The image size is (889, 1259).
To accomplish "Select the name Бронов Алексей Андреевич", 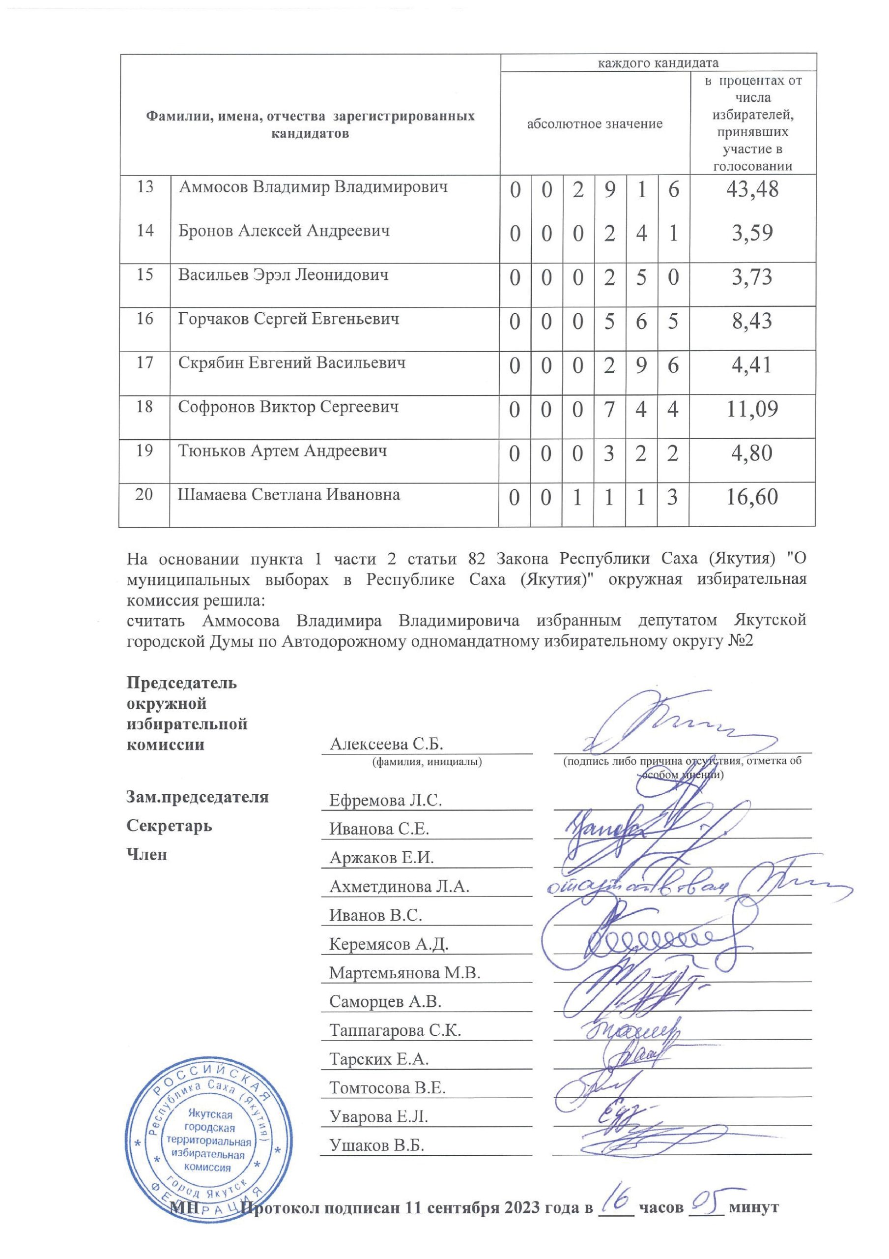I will (x=284, y=230).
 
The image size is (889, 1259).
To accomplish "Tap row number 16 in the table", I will (x=144, y=319).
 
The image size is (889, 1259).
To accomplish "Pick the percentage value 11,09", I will (x=751, y=409).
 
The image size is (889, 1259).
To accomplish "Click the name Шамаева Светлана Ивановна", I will (x=288, y=495).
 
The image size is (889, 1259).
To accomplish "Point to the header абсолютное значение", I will (x=594, y=124).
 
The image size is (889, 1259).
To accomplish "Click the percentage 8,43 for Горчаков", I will (x=751, y=321).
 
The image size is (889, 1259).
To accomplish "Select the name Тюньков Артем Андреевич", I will (x=282, y=451).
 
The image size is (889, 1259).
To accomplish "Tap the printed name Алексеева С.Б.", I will (x=386, y=744).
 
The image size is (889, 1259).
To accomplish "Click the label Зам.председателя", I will (x=198, y=797).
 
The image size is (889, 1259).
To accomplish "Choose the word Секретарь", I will (x=169, y=826).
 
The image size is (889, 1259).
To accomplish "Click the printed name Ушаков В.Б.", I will (x=376, y=1145).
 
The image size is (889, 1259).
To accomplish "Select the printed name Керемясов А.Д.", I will (x=389, y=944).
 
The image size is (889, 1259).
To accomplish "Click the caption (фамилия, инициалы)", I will (x=427, y=762).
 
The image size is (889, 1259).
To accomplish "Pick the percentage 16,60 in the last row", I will (x=751, y=497).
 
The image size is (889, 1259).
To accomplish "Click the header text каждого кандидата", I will (x=658, y=62).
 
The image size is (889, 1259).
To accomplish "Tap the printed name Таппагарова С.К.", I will (x=395, y=1030).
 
